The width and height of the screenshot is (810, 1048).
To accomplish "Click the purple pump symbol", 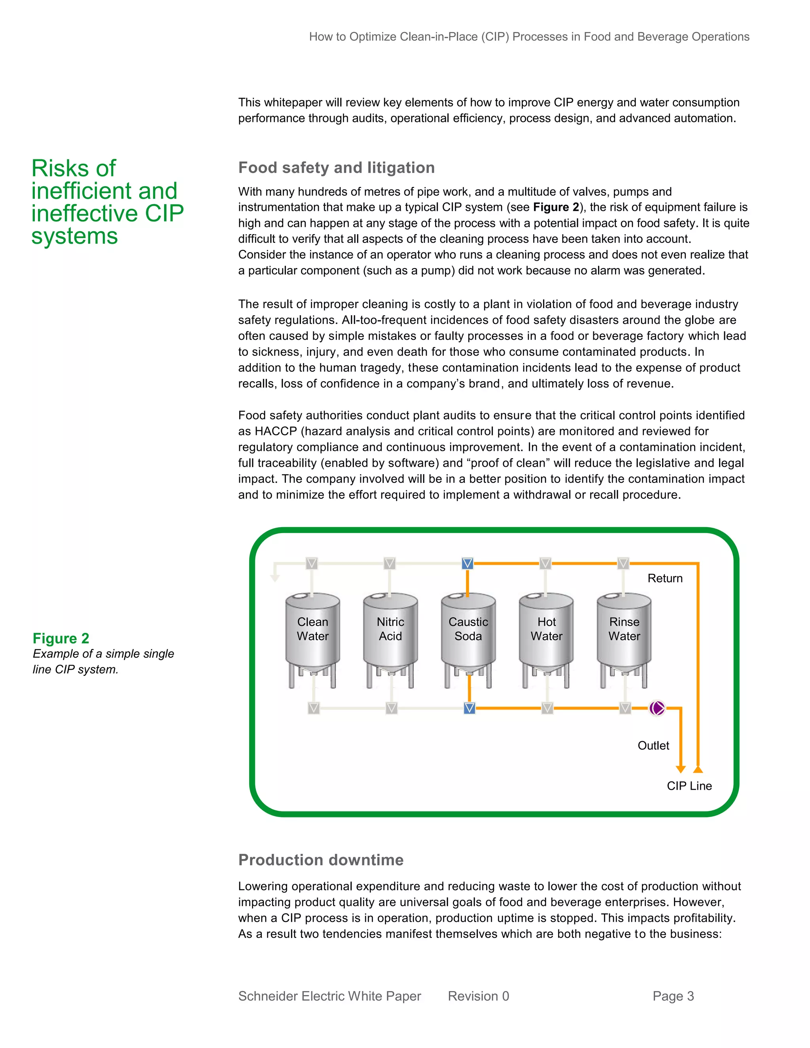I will (x=657, y=708).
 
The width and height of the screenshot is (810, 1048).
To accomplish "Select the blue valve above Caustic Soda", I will (x=467, y=563).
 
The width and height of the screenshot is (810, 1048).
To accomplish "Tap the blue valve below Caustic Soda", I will (x=469, y=708).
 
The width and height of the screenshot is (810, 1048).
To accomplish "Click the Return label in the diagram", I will (x=664, y=578).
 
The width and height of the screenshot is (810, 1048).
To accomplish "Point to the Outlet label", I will (x=653, y=745).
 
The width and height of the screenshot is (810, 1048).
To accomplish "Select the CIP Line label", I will (x=689, y=785).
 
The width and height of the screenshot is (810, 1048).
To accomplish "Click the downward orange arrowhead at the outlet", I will (x=680, y=769).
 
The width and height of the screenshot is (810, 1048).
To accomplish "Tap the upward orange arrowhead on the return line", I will (x=698, y=769).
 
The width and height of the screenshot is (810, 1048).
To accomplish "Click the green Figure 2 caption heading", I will (x=61, y=638).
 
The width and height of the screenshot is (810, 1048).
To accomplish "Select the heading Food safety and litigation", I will (x=337, y=167).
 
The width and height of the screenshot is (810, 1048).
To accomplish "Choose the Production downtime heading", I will (x=320, y=859).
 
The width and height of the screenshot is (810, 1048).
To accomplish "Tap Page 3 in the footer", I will (x=673, y=996).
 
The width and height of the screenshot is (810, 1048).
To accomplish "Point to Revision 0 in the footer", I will (x=478, y=996).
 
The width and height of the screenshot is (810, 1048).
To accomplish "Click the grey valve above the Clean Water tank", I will (x=312, y=563).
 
